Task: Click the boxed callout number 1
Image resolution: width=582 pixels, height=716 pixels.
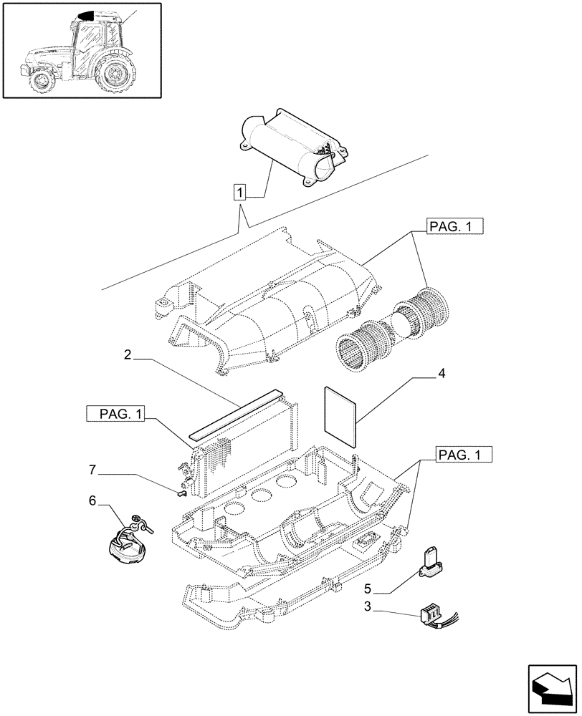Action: tap(240, 192)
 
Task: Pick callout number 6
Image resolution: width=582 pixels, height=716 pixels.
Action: tap(92, 502)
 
